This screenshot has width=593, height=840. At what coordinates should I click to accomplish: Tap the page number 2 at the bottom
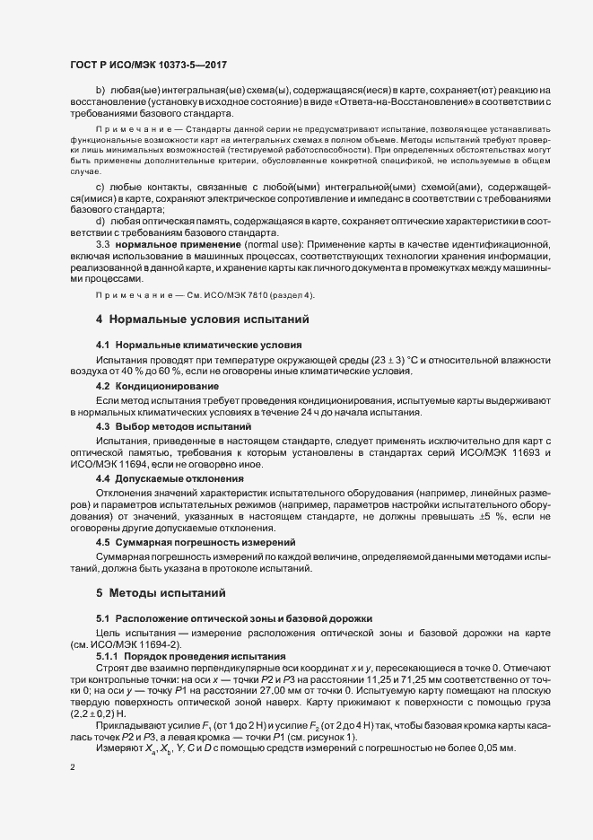click(73, 769)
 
